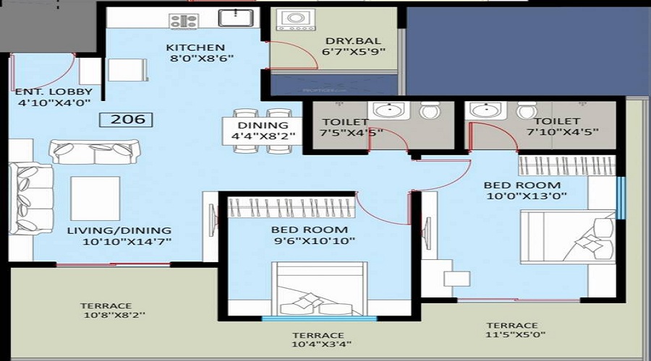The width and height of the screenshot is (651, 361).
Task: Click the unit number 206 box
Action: (126, 119)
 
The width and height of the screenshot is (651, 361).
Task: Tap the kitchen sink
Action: (236, 18)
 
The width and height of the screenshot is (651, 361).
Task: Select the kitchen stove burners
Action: (184, 21)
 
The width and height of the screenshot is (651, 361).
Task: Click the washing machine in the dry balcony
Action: (296, 20)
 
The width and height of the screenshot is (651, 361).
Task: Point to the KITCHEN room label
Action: (195, 47)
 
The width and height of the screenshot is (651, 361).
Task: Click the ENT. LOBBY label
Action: (54, 92)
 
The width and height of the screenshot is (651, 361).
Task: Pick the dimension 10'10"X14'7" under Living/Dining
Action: (127, 241)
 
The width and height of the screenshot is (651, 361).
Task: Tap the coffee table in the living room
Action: (95, 199)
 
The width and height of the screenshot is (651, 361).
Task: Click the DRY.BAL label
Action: (353, 40)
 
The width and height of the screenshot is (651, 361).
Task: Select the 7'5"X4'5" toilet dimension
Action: (352, 133)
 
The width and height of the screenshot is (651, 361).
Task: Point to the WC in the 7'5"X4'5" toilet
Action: (429, 110)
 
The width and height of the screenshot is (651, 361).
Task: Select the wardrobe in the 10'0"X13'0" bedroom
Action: (566, 165)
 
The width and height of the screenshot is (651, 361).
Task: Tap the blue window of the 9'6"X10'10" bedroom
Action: (319, 318)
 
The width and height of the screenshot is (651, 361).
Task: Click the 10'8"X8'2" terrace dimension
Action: (114, 315)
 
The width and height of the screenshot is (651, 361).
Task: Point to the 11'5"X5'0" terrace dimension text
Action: (516, 334)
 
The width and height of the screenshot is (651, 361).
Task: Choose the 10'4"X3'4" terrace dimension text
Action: (322, 344)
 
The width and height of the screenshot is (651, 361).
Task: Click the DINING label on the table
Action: (263, 125)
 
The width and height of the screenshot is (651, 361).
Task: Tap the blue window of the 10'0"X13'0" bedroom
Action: (621, 198)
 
